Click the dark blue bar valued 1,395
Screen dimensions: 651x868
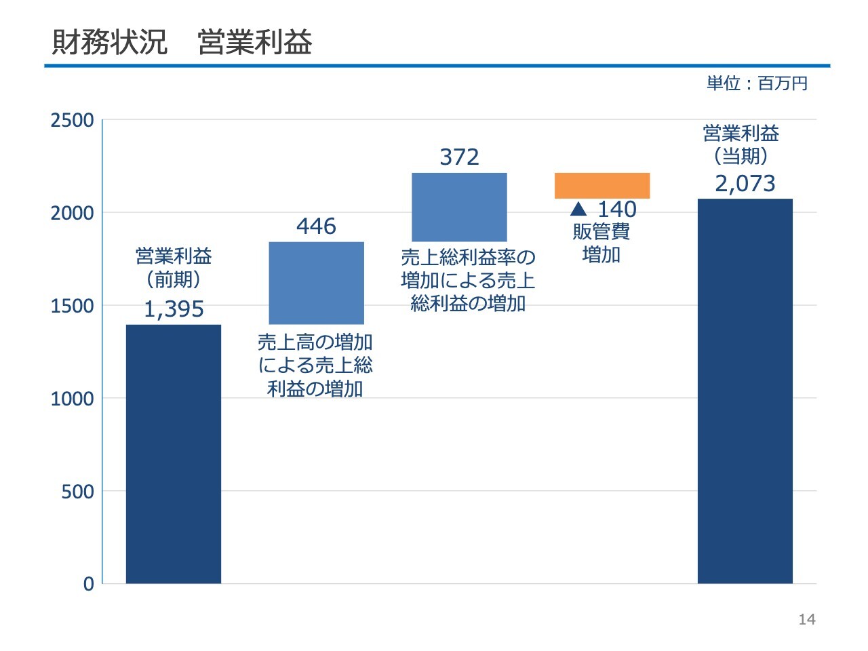pyautogui.click(x=174, y=454)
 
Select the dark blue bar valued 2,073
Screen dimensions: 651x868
pyautogui.click(x=745, y=391)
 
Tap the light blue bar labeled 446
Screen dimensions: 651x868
pyautogui.click(x=316, y=283)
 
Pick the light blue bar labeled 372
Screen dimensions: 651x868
pyautogui.click(x=459, y=207)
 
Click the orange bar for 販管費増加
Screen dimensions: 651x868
pyautogui.click(x=602, y=185)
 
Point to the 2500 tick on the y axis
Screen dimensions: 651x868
pyautogui.click(x=73, y=121)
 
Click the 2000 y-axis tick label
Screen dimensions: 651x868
pyautogui.click(x=73, y=214)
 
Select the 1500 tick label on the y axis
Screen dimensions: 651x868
pyautogui.click(x=73, y=307)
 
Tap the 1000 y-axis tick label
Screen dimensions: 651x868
pyautogui.click(x=73, y=399)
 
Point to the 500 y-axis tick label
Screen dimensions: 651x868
pyautogui.click(x=77, y=492)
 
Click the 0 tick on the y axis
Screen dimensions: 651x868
pyautogui.click(x=88, y=584)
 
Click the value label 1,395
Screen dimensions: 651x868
pyautogui.click(x=174, y=309)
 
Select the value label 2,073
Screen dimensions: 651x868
pyautogui.click(x=745, y=184)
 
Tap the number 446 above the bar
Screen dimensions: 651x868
pyautogui.click(x=316, y=226)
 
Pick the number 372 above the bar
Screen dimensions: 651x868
pyautogui.click(x=459, y=157)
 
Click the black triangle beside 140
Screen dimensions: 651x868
pyautogui.click(x=578, y=208)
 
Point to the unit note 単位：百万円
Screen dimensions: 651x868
pyautogui.click(x=757, y=83)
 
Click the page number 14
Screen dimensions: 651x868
pyautogui.click(x=807, y=619)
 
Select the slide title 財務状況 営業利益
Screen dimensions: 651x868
pyautogui.click(x=182, y=42)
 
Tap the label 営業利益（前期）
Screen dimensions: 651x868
pyautogui.click(x=174, y=267)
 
